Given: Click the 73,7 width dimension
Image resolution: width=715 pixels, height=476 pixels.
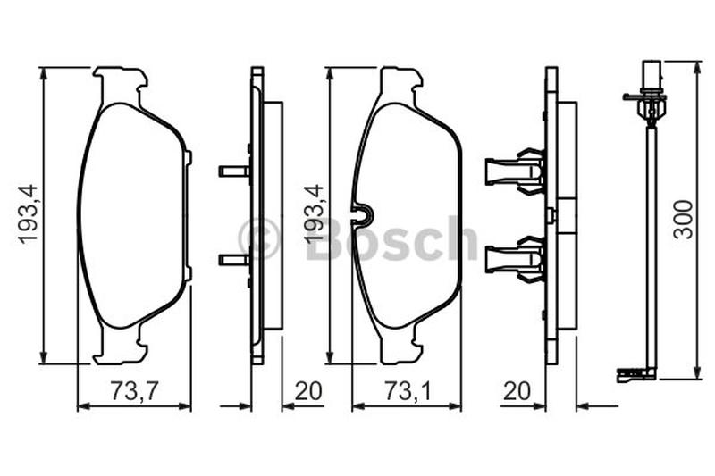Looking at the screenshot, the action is pos(134,392).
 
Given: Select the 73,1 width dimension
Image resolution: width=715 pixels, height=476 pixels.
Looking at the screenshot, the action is pos(408,392).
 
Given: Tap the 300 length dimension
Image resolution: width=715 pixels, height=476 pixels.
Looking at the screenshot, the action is pos(684,220).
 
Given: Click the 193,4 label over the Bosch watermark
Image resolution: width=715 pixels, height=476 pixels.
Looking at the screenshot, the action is pos(315,213).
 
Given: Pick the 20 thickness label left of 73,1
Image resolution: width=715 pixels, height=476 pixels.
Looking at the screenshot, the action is pos(308,391).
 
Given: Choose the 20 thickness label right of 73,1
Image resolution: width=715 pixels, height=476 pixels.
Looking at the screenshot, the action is pos(517,391).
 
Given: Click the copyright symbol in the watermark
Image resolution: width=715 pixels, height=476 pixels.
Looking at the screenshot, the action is pos(258,238).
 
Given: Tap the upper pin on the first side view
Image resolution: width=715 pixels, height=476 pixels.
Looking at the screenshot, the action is pos(234,171).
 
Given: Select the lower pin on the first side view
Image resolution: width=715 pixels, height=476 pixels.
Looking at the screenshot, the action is pos(234,260).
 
